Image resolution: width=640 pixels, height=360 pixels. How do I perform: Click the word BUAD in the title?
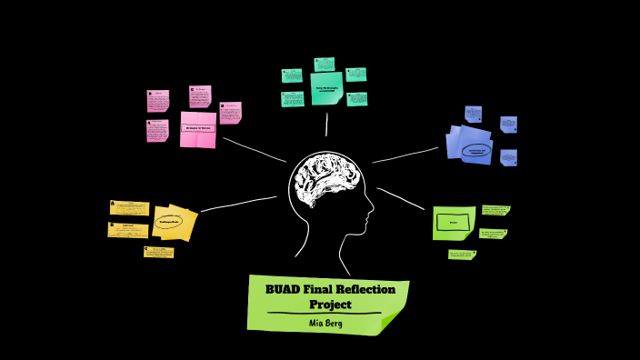(x=282, y=290)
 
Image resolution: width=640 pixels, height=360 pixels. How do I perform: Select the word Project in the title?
(x=330, y=305)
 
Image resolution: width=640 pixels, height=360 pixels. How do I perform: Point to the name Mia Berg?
(x=326, y=323)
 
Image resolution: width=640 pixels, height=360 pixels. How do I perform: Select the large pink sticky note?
(x=198, y=128)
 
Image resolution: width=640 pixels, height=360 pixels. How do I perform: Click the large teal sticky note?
(x=326, y=88)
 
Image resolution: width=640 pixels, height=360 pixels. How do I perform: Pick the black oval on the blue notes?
(x=476, y=151)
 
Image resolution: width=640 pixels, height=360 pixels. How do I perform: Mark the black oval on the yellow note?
(x=169, y=221)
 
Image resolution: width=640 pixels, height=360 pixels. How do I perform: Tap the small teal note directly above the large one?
(x=325, y=65)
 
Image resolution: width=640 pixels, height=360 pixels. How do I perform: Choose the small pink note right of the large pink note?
(x=231, y=112)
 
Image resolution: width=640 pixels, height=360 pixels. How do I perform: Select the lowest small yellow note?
(x=158, y=252)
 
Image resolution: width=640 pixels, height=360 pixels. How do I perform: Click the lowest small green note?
(x=461, y=255)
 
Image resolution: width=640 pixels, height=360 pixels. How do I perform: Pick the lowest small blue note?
(x=508, y=157)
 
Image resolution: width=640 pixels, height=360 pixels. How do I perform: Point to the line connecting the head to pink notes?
(x=255, y=149)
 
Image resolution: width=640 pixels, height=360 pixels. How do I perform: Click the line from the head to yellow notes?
(x=238, y=204)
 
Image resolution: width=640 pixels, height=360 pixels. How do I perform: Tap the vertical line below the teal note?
(x=326, y=122)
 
